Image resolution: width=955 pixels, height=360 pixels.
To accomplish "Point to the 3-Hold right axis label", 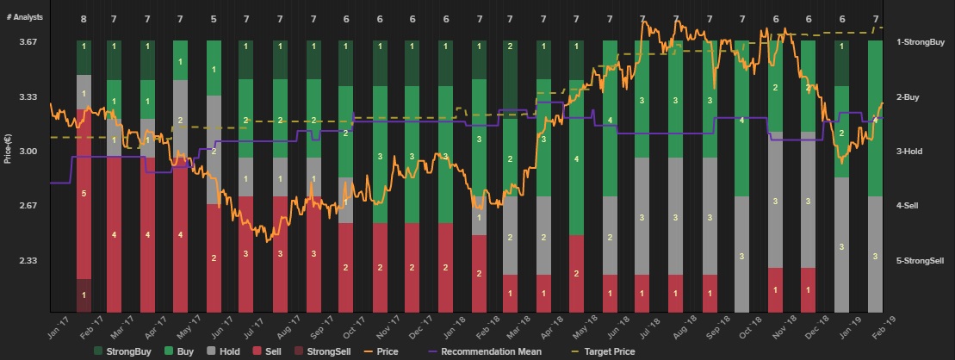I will pyautogui.click(x=909, y=152).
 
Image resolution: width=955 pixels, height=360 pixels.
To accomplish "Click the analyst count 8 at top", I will pyautogui.click(x=84, y=18).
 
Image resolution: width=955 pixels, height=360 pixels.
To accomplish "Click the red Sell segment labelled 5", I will pyautogui.click(x=84, y=194).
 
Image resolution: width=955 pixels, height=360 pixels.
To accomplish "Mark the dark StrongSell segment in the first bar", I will pyautogui.click(x=84, y=295).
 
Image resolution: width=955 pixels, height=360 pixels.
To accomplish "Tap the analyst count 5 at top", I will pyautogui.click(x=214, y=18).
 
